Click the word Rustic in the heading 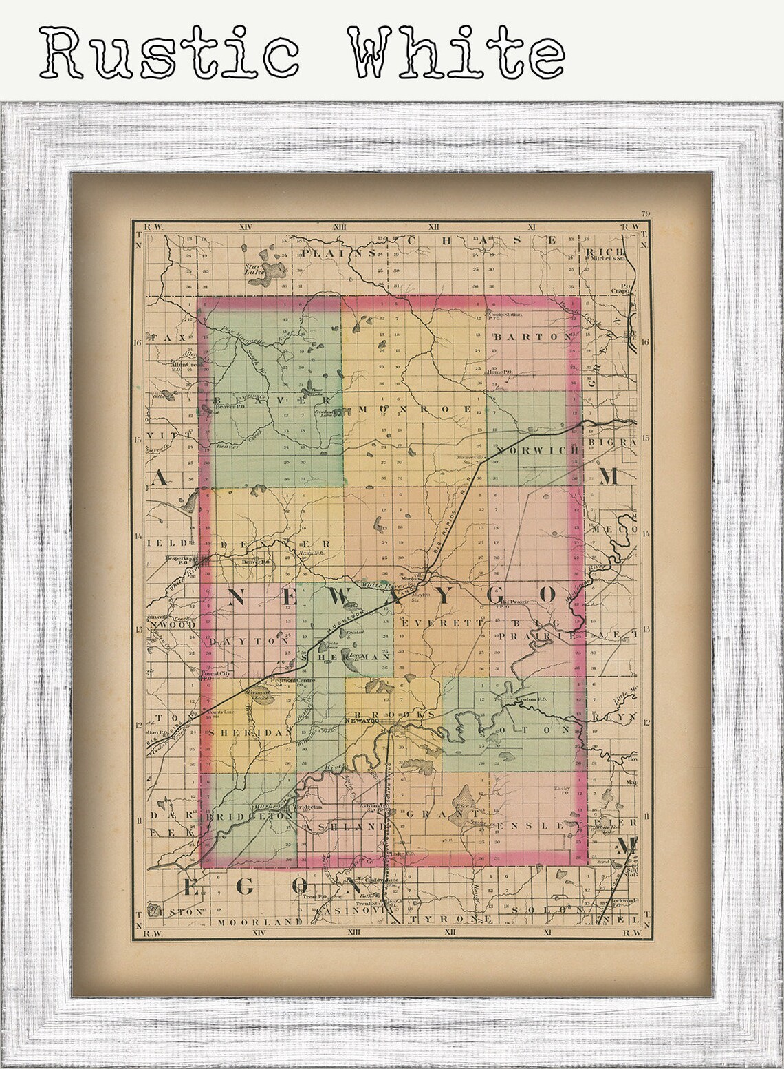click(168, 52)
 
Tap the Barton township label click(533, 337)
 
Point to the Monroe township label click(415, 409)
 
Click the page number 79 click(644, 214)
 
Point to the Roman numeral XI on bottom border click(547, 933)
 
